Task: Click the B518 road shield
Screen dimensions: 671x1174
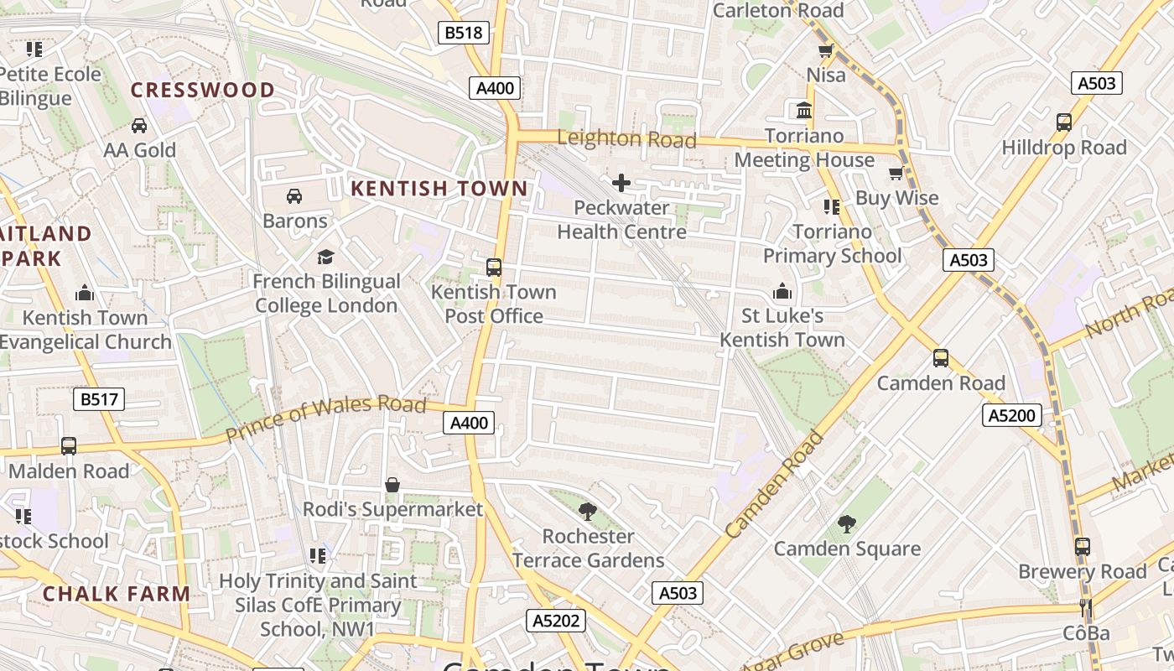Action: coord(464,33)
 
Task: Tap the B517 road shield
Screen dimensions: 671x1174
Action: coord(99,399)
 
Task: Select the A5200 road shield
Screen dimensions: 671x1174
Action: coord(1012,415)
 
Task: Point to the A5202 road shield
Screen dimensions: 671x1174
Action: coord(555,621)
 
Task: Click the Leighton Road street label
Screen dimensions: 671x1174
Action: coord(626,138)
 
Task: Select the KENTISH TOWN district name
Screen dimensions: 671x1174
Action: coord(439,189)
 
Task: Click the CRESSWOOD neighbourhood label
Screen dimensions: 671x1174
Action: coord(203,90)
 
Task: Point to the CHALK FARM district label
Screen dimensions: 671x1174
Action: coord(117,594)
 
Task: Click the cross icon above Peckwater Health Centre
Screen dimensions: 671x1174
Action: coord(621,183)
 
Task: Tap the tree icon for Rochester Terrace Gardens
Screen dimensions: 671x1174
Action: coord(588,511)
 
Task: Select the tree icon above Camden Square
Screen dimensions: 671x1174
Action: coord(847,524)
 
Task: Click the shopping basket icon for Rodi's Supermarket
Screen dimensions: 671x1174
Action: coord(392,485)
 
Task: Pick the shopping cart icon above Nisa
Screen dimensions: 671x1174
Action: coord(826,51)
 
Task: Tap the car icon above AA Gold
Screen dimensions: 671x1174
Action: coord(139,126)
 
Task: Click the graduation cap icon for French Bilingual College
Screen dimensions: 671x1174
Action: coord(325,257)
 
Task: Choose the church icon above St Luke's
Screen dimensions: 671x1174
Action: coord(782,292)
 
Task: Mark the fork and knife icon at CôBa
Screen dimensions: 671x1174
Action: coord(1086,608)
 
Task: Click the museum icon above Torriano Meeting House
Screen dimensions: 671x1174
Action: coord(804,111)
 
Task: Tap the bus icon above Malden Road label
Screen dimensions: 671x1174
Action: coord(69,446)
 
